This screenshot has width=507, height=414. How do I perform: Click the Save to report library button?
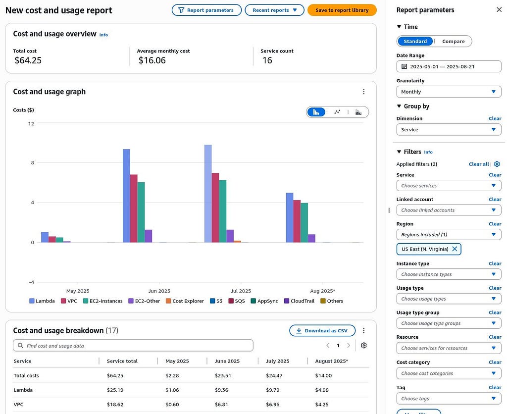[x=342, y=10]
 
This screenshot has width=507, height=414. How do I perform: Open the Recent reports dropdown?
[x=274, y=10]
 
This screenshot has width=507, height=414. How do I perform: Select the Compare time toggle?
[x=454, y=42]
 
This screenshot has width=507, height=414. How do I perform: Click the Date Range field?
[x=449, y=67]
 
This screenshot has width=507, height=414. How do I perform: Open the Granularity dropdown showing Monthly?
[x=449, y=92]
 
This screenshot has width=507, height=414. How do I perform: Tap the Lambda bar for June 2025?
[x=126, y=196]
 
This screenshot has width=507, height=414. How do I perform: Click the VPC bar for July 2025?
[x=215, y=207]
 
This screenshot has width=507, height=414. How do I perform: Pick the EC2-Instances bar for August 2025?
[x=304, y=222]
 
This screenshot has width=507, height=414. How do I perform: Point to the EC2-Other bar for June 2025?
[x=149, y=236]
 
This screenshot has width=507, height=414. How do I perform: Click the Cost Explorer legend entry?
[x=185, y=301]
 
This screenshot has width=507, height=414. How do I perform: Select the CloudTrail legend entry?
[x=299, y=301]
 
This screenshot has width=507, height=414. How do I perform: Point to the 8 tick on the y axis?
[x=32, y=163]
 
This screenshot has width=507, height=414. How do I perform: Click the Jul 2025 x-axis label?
[x=241, y=291]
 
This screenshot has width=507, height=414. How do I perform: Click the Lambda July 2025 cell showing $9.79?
[x=273, y=390]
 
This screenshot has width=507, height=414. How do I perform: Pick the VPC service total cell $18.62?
[x=115, y=405]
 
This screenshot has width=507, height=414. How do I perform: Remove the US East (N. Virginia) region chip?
[x=455, y=249]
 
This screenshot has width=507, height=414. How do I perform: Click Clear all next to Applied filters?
[x=479, y=164]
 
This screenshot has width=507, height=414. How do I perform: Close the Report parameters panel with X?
[x=499, y=10]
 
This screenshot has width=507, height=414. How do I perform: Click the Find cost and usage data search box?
[x=133, y=346]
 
